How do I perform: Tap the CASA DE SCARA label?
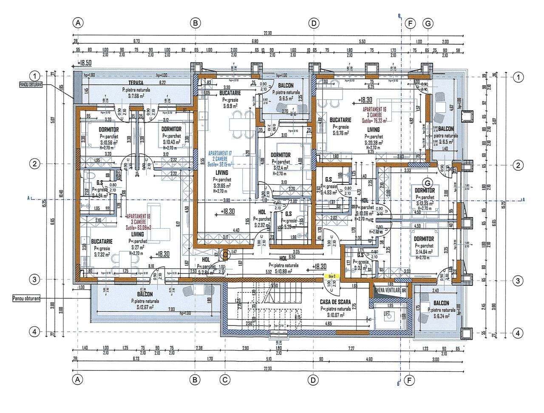335,302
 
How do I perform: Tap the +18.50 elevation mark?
85,63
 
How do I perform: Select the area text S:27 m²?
137,247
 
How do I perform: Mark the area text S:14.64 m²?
424,252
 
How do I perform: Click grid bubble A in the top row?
77,23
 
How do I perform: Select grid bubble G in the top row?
428,23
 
